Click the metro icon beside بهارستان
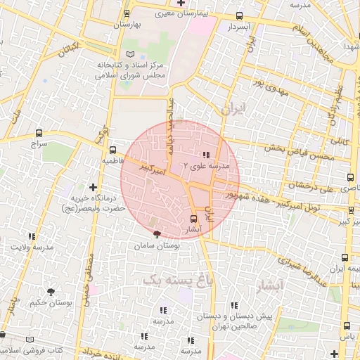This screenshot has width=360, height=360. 127,13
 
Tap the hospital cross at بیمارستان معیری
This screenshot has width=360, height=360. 181,3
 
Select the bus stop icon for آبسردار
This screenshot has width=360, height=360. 239,15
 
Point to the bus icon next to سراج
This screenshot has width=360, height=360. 39,131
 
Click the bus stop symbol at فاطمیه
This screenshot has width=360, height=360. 113,149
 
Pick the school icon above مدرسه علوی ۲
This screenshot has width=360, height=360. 206,155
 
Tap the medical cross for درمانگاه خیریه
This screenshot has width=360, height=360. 94,186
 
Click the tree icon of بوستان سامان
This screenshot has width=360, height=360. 156,235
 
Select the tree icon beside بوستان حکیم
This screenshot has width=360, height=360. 51,291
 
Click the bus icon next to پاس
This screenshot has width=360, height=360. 346,325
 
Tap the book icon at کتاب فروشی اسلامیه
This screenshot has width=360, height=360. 29,339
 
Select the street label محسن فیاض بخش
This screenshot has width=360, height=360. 292,149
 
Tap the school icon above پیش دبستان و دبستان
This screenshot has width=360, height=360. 234,306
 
